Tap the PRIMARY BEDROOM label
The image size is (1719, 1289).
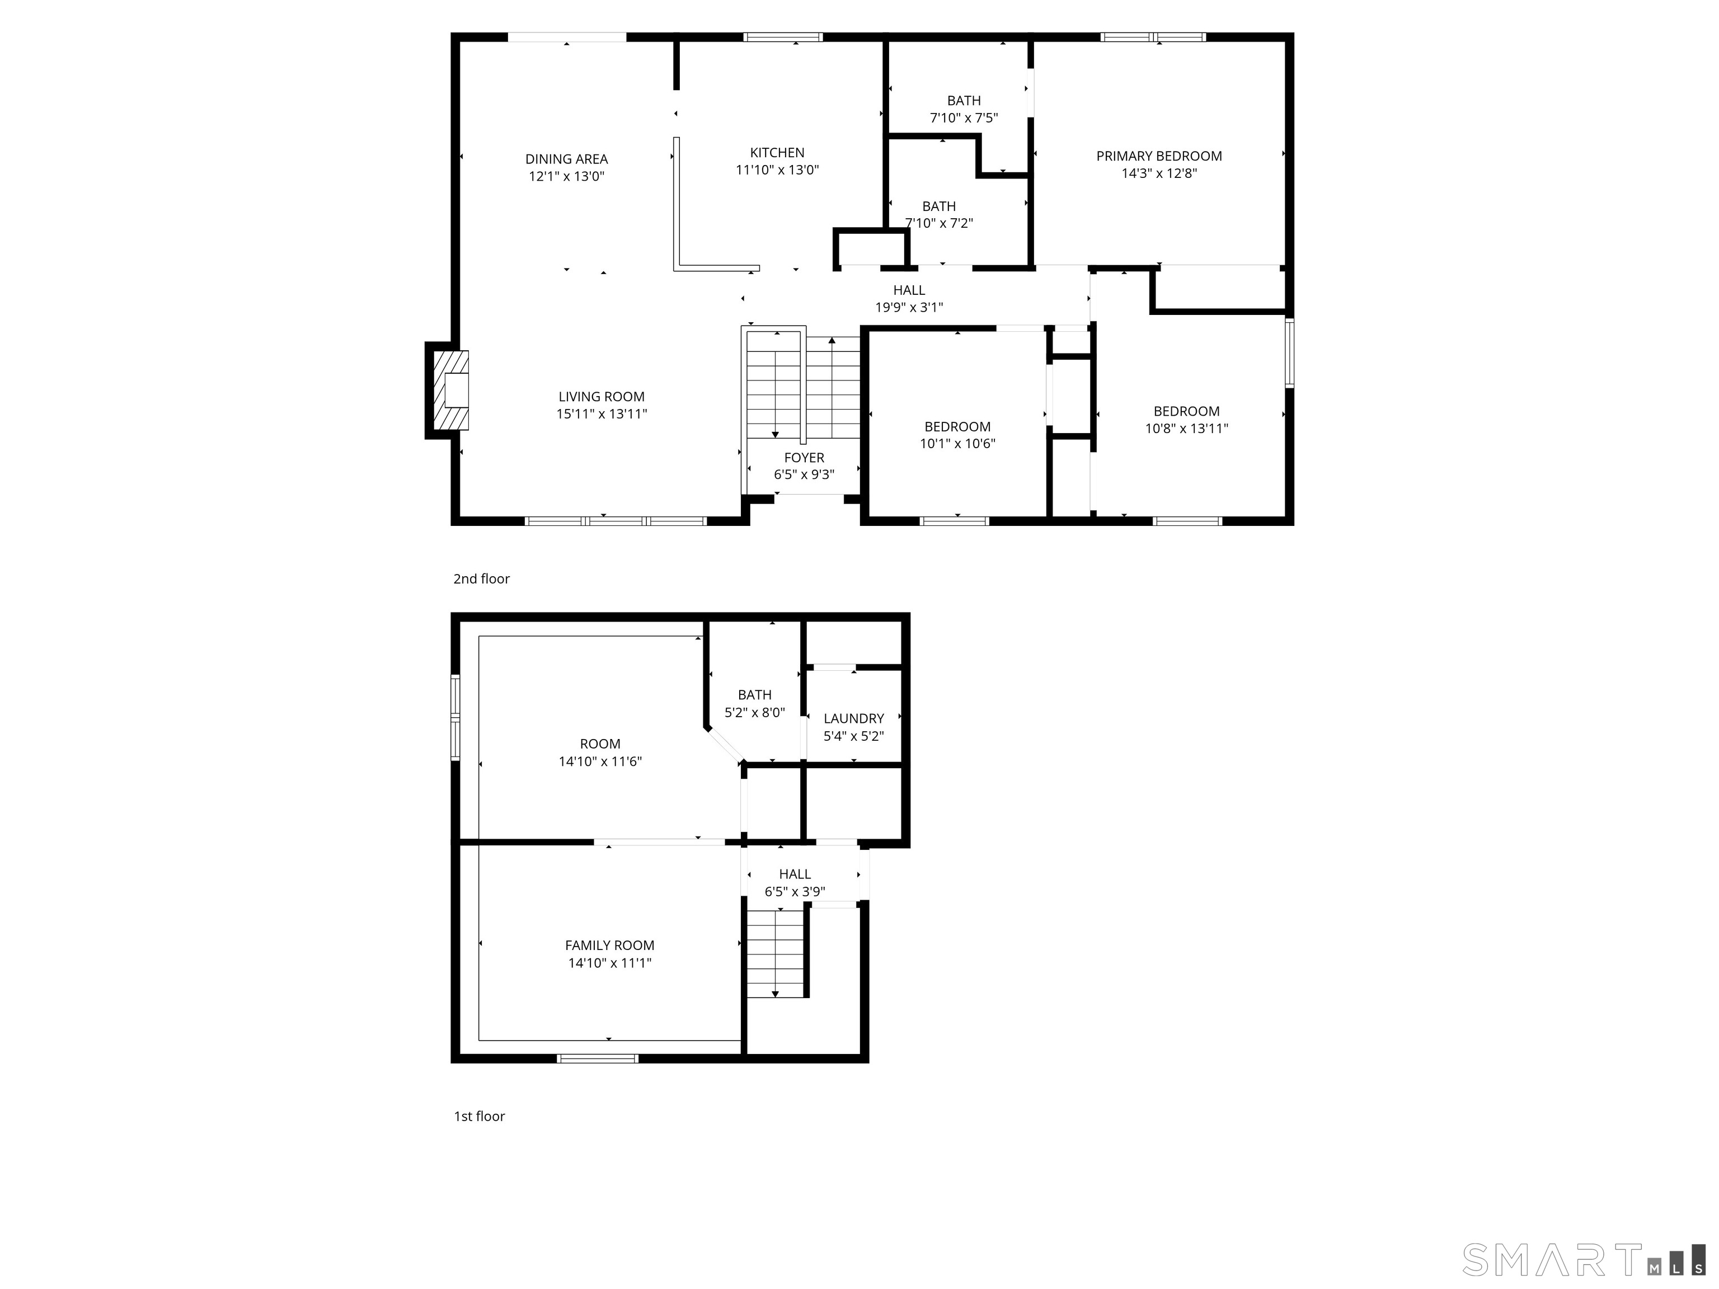pyautogui.click(x=1159, y=156)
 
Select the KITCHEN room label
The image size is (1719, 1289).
pyautogui.click(x=777, y=153)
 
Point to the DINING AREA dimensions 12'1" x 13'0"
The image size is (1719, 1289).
pyautogui.click(x=566, y=176)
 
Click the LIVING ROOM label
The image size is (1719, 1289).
pyautogui.click(x=602, y=397)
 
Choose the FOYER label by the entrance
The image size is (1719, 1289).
pyautogui.click(x=804, y=458)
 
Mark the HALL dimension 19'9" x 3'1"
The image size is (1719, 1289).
pyautogui.click(x=909, y=308)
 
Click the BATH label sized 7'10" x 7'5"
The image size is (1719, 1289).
pyautogui.click(x=964, y=101)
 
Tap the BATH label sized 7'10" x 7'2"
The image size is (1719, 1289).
pyautogui.click(x=939, y=206)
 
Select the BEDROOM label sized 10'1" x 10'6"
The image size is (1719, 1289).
pyautogui.click(x=957, y=426)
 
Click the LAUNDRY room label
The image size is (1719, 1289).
pyautogui.click(x=854, y=719)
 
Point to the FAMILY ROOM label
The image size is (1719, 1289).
pyautogui.click(x=609, y=945)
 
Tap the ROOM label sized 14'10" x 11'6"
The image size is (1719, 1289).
pyautogui.click(x=600, y=744)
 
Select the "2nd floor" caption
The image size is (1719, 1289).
pyautogui.click(x=482, y=579)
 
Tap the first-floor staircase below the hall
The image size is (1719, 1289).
pyautogui.click(x=776, y=954)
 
